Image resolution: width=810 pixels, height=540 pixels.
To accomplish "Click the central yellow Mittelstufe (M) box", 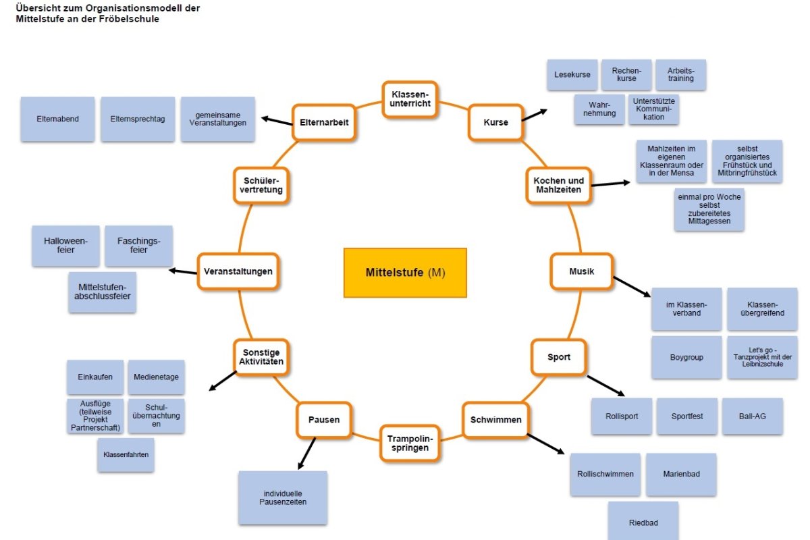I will (x=405, y=273).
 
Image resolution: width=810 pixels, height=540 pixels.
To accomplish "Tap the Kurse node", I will (x=495, y=122).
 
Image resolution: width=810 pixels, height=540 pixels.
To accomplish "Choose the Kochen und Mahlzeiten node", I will (x=558, y=186).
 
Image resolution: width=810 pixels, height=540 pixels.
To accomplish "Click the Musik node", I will (x=581, y=271).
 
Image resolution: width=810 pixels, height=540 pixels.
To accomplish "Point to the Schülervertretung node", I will (x=261, y=186).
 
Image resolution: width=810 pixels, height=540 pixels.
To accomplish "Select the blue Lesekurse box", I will (x=572, y=75).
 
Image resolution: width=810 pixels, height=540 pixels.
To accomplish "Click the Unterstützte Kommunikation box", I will (x=653, y=108).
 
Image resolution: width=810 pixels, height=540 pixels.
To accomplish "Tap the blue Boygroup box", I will (x=686, y=357).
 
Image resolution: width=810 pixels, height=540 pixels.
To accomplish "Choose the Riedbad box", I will (x=643, y=522).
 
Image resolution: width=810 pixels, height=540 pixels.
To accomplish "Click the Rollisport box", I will (x=622, y=416).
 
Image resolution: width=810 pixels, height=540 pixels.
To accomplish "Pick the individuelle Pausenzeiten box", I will (x=283, y=498).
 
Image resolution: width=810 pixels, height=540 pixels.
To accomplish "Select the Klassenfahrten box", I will (x=126, y=455).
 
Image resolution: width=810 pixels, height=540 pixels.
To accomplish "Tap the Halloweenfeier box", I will (x=65, y=246).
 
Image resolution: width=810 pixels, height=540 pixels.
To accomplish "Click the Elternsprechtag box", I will (x=138, y=119).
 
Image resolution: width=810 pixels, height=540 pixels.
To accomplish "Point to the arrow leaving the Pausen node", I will (x=306, y=454).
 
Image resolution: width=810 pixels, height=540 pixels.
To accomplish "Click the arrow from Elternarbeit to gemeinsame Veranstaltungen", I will (x=277, y=120).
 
